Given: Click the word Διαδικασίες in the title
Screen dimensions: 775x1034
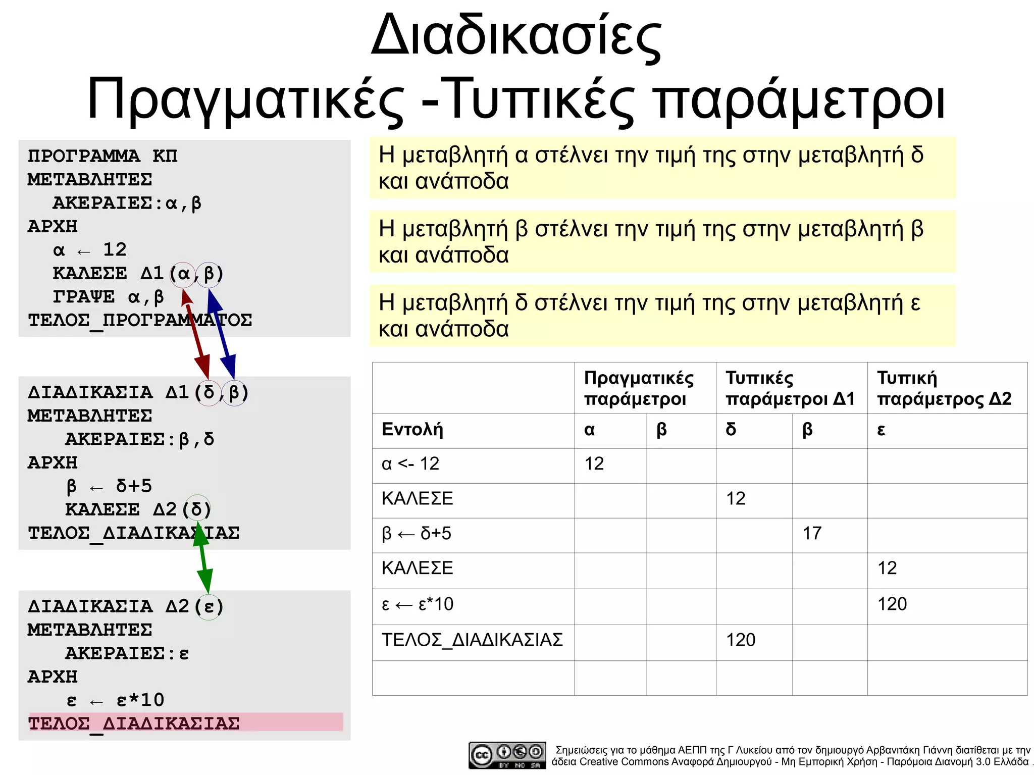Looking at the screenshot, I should click(x=516, y=36).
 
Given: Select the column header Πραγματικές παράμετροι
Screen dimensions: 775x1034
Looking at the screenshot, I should click(x=639, y=388).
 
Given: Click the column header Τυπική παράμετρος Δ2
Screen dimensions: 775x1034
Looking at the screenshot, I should click(x=944, y=388).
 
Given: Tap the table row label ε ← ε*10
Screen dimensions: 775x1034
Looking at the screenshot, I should click(x=418, y=604).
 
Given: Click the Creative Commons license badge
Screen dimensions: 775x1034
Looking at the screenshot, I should click(x=507, y=755).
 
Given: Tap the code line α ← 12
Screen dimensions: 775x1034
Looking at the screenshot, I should click(x=90, y=250).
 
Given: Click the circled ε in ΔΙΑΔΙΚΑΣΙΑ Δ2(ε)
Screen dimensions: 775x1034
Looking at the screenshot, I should click(x=209, y=606).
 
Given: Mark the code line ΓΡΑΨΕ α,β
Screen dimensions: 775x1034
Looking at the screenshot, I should click(x=109, y=297).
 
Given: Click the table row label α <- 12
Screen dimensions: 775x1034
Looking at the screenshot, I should click(x=410, y=464).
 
